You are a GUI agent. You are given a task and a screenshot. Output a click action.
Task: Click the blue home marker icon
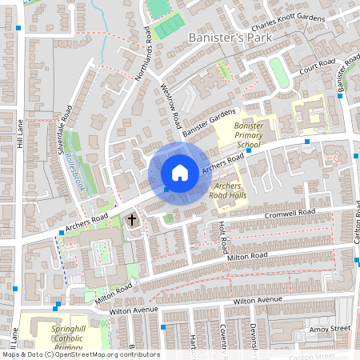[x=180, y=172]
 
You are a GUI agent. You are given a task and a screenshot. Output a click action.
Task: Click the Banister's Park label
[x=229, y=38]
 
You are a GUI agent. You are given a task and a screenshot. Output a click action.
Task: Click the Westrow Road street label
[x=170, y=107]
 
